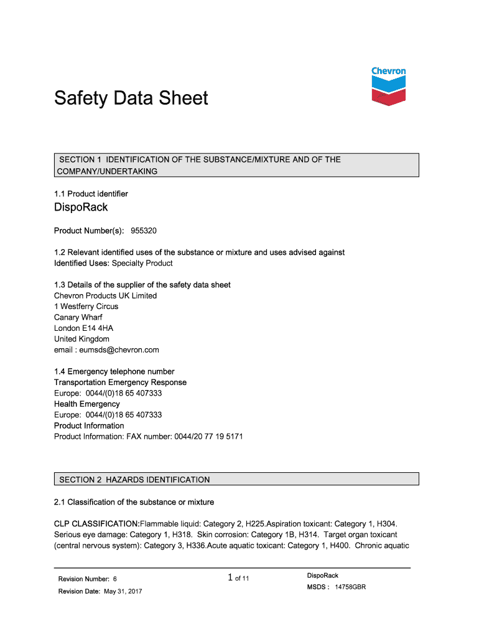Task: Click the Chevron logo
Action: point(388,86)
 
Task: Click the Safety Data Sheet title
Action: point(131,98)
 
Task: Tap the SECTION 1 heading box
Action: point(236,165)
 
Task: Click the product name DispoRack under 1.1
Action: point(81,207)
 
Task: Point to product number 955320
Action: point(144,231)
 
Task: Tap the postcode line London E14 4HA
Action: point(83,328)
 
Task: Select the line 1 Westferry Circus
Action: point(86,307)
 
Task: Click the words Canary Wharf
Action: point(78,317)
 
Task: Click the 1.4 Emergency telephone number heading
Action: point(114,371)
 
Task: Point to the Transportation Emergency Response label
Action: point(120,383)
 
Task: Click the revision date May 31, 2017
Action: point(122,591)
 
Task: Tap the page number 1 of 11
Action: point(239,578)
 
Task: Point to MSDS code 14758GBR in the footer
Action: point(350,587)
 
